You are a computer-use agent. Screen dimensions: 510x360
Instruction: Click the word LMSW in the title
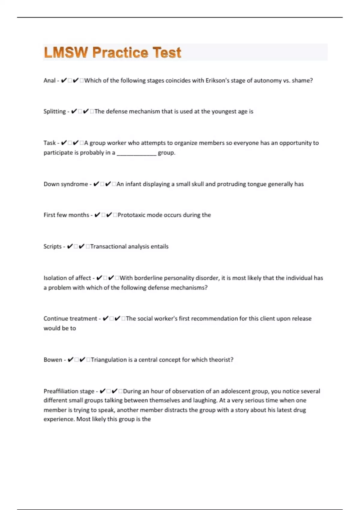click(x=66, y=52)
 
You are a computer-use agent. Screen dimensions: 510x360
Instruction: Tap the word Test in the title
click(x=167, y=52)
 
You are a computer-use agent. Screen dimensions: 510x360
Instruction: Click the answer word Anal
click(x=49, y=80)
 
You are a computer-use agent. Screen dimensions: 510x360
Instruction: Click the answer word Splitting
click(x=55, y=112)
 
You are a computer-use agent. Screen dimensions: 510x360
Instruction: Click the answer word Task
click(x=49, y=143)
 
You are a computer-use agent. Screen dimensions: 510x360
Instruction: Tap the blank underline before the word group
click(x=136, y=153)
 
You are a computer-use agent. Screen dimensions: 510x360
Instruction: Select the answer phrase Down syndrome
click(x=66, y=184)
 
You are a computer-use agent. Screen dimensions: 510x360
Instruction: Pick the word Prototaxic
click(x=131, y=215)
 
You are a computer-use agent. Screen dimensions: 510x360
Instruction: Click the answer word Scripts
click(x=52, y=246)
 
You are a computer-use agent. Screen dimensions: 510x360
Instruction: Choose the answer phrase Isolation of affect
click(x=67, y=278)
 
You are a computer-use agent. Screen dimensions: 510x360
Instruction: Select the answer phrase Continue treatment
click(x=70, y=318)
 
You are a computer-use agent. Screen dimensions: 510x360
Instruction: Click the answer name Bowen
click(x=53, y=359)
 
